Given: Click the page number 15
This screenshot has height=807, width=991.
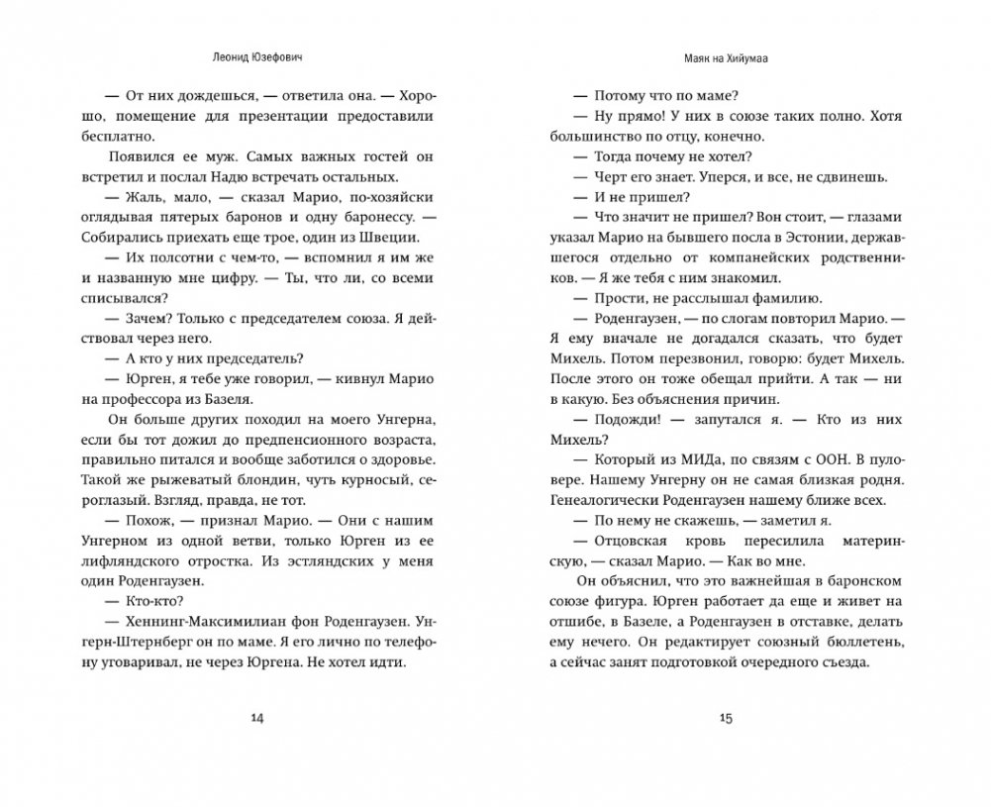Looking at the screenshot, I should (x=725, y=719).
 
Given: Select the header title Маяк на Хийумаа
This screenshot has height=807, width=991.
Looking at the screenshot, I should (x=725, y=57).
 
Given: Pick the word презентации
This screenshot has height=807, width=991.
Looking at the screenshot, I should (x=288, y=117).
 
